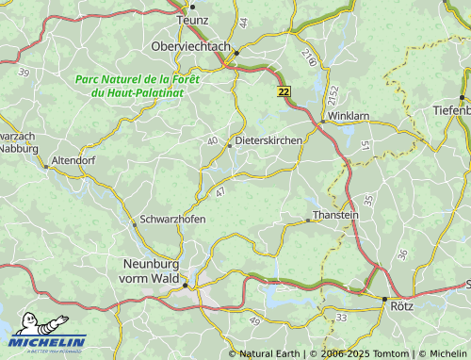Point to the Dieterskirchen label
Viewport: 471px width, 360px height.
[268, 140]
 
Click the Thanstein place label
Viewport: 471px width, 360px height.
[335, 215]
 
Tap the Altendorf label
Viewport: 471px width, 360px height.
[74, 161]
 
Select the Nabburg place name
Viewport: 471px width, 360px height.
[18, 148]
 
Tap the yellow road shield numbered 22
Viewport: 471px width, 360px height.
[284, 90]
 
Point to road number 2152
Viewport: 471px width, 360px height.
[333, 97]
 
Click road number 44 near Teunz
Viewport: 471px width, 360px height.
[243, 22]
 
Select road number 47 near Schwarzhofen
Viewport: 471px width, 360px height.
[220, 192]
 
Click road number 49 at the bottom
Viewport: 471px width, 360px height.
[255, 322]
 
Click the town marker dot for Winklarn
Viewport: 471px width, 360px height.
[322, 120]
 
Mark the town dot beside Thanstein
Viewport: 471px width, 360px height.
[308, 221]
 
